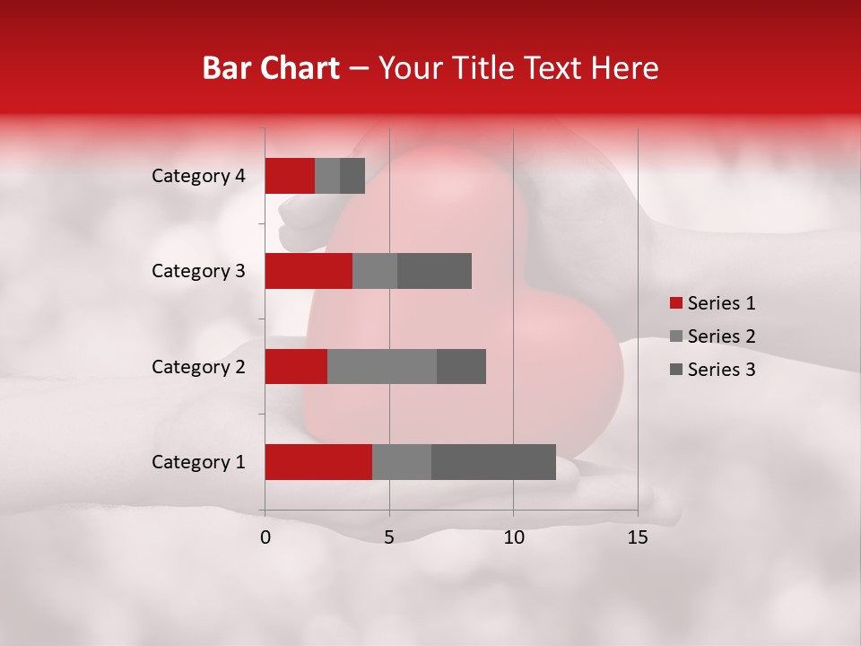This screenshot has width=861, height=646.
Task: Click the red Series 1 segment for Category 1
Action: click(318, 462)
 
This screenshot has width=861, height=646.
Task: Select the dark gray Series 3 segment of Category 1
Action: click(493, 462)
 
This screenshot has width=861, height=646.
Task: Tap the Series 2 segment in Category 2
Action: click(382, 366)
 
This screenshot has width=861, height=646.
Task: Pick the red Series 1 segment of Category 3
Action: click(309, 271)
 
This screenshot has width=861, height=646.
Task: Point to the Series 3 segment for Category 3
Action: click(434, 271)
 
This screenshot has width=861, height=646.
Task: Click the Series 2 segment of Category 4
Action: click(327, 176)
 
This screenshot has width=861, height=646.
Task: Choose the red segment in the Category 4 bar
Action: click(290, 176)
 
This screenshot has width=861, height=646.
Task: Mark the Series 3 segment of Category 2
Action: click(461, 366)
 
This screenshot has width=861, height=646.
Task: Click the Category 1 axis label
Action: click(198, 462)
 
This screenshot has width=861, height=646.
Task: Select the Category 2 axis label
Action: click(198, 366)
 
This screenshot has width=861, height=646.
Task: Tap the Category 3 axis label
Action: click(198, 271)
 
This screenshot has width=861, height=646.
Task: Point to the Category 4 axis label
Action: click(198, 176)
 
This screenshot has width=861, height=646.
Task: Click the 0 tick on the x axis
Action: click(265, 537)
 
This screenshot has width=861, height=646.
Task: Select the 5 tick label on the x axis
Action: click(389, 537)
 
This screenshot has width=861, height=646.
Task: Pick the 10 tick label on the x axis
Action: click(513, 537)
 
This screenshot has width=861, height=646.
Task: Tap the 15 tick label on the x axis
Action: click(637, 537)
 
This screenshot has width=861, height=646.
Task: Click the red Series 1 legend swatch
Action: click(675, 303)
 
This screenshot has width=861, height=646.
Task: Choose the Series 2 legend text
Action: click(721, 336)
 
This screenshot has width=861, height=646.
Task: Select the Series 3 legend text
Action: click(721, 370)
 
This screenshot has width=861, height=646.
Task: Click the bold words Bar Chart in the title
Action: click(271, 68)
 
